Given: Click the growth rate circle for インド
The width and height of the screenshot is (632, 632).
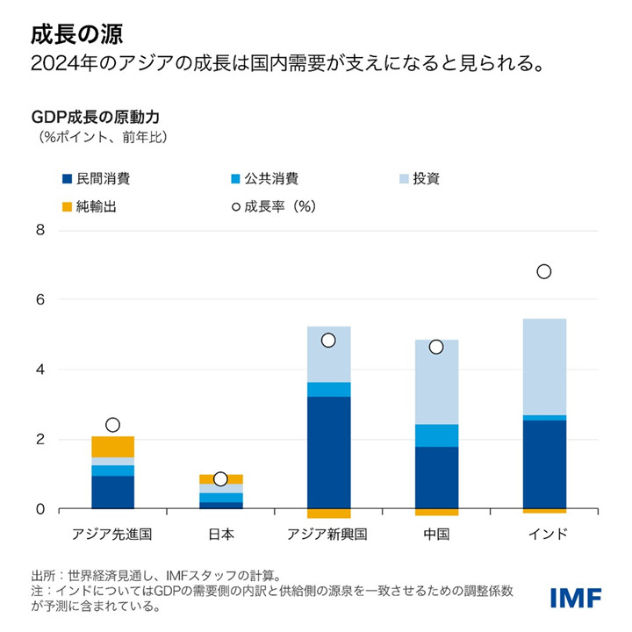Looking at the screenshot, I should coord(543,271).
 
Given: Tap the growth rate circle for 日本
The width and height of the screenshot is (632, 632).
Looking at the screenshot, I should coord(220,479).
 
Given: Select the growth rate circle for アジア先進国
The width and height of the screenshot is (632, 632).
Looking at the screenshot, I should coord(112,425).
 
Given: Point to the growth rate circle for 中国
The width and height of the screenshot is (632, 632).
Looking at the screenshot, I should coord(436,347).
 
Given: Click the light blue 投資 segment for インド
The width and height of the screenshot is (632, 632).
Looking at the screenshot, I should coord(544,366).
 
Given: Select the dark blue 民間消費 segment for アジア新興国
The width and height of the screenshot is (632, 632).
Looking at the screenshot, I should coord(328,452).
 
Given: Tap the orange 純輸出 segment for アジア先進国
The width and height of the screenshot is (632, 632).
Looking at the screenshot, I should coord(112,446).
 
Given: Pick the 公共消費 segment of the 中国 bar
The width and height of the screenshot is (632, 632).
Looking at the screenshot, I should coord(436,435).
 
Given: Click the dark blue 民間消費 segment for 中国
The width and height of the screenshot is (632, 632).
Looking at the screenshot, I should coord(436,478).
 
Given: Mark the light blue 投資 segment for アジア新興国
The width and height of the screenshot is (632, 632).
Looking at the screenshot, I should coord(328,354).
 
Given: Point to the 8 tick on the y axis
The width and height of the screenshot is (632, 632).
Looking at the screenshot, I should coord(39,231).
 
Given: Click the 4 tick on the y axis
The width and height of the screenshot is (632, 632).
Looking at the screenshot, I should coord(39,370).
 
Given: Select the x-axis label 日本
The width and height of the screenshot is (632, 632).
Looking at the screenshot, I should coord(220,534).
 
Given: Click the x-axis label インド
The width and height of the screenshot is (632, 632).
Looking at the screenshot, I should coord(544,534).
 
